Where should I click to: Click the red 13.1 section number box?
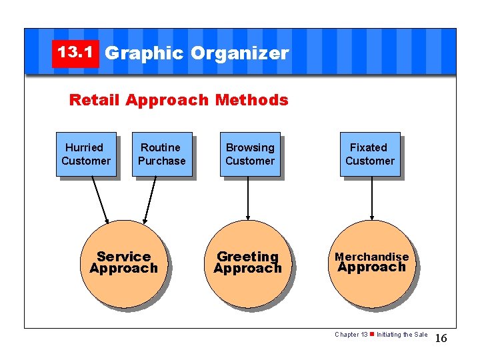click(x=75, y=53)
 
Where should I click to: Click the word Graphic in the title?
click(x=144, y=53)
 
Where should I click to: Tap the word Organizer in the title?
click(x=239, y=53)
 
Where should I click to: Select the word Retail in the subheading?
click(x=95, y=100)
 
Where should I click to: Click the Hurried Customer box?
click(x=86, y=154)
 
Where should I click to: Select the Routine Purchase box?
click(x=161, y=154)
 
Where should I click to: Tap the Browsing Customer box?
click(x=250, y=154)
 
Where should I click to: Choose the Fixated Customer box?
click(x=369, y=154)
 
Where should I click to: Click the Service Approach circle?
click(x=123, y=263)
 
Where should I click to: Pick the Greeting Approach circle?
click(x=247, y=263)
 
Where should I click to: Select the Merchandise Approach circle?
click(x=371, y=263)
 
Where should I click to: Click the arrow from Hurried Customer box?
click(x=100, y=199)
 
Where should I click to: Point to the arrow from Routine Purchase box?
click(x=150, y=199)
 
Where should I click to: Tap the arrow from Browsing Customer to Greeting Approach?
click(x=248, y=197)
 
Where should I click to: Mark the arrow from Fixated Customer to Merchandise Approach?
click(x=372, y=197)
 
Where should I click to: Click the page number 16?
click(x=441, y=339)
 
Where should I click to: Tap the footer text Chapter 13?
click(x=351, y=335)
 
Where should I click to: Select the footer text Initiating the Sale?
click(x=402, y=335)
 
